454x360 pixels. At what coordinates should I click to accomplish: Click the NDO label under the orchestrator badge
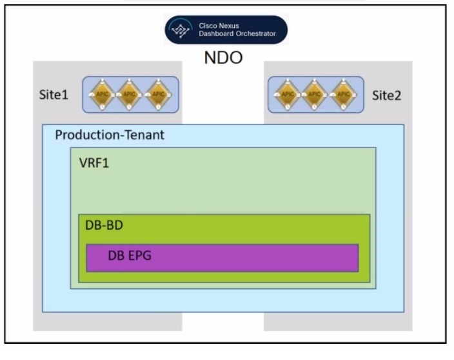coord(223,57)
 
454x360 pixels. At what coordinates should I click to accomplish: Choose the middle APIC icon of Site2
coord(315,95)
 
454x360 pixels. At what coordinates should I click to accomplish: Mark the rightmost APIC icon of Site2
coord(342,95)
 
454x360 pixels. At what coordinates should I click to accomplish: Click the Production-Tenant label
coord(110,135)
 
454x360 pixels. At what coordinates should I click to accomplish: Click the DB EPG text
coord(130,256)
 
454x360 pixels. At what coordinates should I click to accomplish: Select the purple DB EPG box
coord(258,258)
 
